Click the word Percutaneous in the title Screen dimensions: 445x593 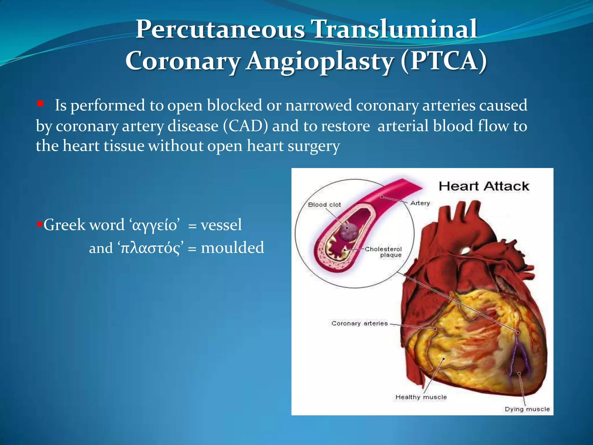pyautogui.click(x=220, y=29)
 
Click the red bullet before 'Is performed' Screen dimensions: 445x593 pyautogui.click(x=40, y=103)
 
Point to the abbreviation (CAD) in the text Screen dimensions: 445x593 pyautogui.click(x=246, y=126)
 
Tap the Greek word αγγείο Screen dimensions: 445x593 pyautogui.click(x=154, y=225)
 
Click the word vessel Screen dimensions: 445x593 pyautogui.click(x=221, y=225)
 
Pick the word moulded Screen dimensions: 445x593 pyautogui.click(x=232, y=248)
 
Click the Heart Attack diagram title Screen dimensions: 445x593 pyautogui.click(x=484, y=186)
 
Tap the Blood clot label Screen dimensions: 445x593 pyautogui.click(x=324, y=205)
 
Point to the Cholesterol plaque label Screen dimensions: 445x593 pyautogui.click(x=383, y=252)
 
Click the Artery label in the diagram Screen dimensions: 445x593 pyautogui.click(x=420, y=203)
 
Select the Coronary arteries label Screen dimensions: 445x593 pyautogui.click(x=359, y=323)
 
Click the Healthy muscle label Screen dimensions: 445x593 pyautogui.click(x=421, y=397)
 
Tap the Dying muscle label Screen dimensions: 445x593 pyautogui.click(x=527, y=409)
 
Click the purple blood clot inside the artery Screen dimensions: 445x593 pyautogui.click(x=348, y=231)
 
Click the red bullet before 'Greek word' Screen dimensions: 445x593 pyautogui.click(x=40, y=224)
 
